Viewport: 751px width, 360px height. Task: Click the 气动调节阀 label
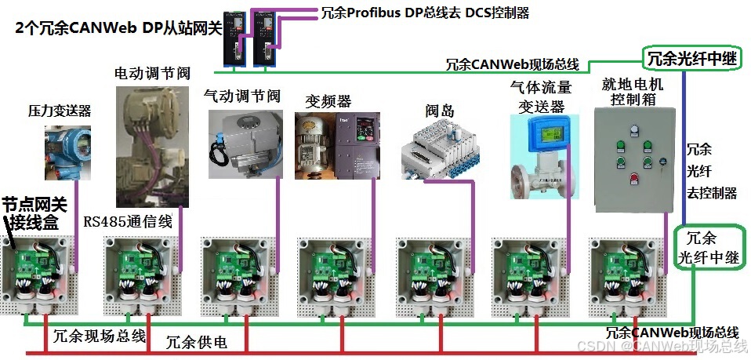(x=241, y=96)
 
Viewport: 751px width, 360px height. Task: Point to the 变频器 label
(x=328, y=101)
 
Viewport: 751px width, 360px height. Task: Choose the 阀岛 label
(x=440, y=111)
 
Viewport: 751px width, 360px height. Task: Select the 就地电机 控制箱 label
(x=632, y=91)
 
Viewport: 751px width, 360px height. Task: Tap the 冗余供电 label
(x=197, y=342)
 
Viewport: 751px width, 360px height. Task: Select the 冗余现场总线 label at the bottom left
(x=100, y=337)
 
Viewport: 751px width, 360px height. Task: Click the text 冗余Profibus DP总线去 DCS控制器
(x=425, y=13)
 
